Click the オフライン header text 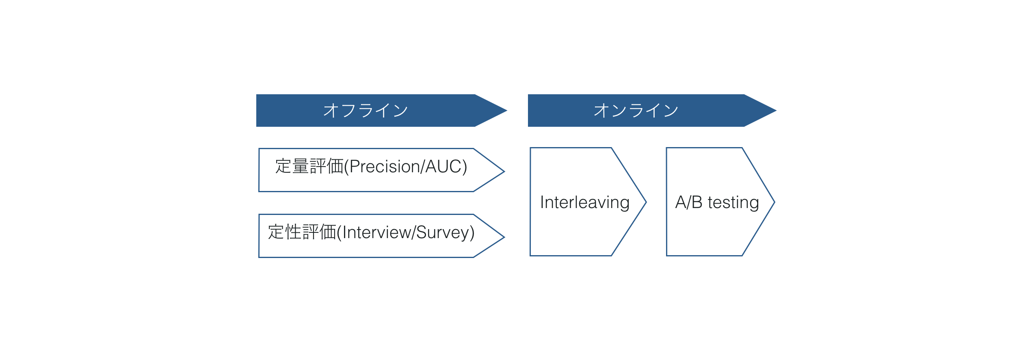point(366,111)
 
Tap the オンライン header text point(636,111)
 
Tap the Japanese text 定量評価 point(309,167)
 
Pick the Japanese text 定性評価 point(302,232)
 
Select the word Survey point(442,232)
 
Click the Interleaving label point(585,202)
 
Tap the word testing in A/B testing point(733,202)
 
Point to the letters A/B point(689,202)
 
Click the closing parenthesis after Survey point(472,233)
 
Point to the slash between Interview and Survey point(414,232)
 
